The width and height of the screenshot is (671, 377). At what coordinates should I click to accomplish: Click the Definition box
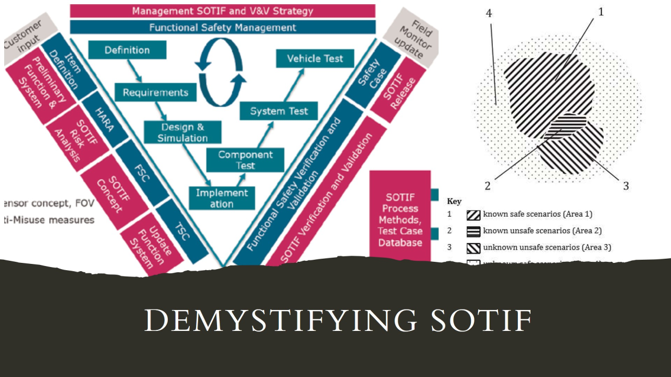[x=127, y=50]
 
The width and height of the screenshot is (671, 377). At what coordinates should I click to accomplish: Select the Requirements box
[x=155, y=93]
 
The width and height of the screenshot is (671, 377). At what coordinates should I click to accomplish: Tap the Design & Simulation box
[x=182, y=132]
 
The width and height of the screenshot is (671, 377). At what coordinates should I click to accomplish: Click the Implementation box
[x=222, y=198]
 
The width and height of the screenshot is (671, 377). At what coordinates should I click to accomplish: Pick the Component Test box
[x=245, y=160]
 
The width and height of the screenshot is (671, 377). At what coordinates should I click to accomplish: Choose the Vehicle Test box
[x=315, y=58]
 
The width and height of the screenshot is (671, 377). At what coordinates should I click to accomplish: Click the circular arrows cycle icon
[x=221, y=73]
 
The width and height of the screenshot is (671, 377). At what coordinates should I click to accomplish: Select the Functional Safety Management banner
[x=223, y=27]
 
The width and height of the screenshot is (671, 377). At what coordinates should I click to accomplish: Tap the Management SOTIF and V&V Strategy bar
[x=223, y=10]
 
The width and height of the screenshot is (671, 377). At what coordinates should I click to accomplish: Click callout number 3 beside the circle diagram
[x=626, y=185]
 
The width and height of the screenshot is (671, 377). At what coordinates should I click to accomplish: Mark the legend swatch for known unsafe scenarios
[x=473, y=231]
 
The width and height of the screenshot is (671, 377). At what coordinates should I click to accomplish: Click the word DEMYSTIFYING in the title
[x=275, y=320]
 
